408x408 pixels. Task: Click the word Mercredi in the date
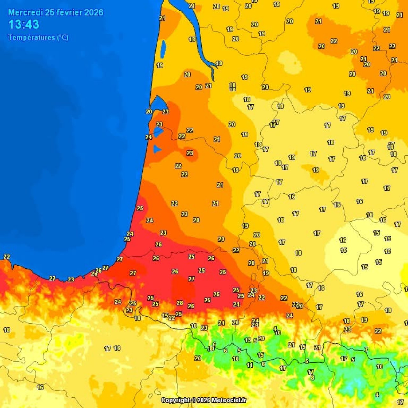25,12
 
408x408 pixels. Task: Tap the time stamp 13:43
24,25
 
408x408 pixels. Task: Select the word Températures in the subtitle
31,38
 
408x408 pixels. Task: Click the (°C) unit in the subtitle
63,38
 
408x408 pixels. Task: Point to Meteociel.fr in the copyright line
229,400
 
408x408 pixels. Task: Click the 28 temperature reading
180,303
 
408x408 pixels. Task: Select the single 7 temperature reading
366,350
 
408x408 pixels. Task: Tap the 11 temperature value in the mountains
250,365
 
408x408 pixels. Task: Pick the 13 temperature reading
248,340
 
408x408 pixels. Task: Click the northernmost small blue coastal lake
163,49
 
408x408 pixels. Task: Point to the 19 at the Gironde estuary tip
219,63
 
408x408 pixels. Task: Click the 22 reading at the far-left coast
6,257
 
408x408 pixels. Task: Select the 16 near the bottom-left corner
40,387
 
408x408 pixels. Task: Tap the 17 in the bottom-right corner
400,402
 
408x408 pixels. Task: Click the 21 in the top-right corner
399,15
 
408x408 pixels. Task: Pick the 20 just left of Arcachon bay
149,112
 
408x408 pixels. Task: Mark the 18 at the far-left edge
6,330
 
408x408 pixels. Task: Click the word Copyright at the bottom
176,400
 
